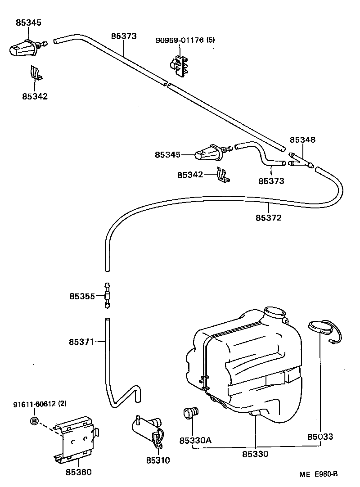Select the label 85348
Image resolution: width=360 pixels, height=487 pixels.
pyautogui.click(x=302, y=140)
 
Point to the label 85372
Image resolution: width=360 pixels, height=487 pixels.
pyautogui.click(x=269, y=218)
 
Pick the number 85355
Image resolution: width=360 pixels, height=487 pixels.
pyautogui.click(x=82, y=296)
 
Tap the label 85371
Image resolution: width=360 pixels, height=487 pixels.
pyautogui.click(x=81, y=342)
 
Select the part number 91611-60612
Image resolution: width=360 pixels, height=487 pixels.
pyautogui.click(x=34, y=404)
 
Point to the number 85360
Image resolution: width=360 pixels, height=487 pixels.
pyautogui.click(x=78, y=472)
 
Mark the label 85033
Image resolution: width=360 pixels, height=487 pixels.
pyautogui.click(x=320, y=437)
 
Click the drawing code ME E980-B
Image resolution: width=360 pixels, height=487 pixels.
pyautogui.click(x=319, y=474)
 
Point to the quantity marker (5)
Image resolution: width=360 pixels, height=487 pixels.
pyautogui.click(x=210, y=40)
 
